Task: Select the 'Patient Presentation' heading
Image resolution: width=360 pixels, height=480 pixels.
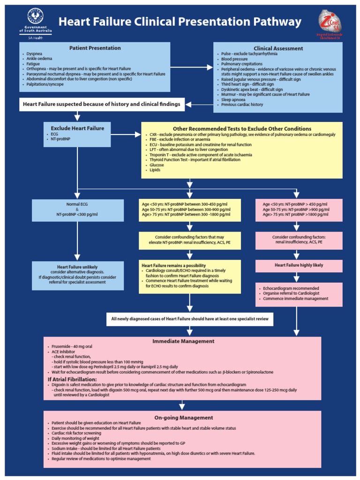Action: [95, 48]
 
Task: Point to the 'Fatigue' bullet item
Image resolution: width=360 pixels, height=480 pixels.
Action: [33, 64]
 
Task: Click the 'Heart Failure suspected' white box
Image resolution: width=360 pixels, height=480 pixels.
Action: [102, 105]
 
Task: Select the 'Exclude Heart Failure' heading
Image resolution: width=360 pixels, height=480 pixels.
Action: [77, 128]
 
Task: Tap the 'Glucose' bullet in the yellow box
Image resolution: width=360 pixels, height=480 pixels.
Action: [157, 165]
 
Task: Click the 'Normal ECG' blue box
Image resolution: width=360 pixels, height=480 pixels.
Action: [78, 210]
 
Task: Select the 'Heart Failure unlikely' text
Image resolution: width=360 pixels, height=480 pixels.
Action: [77, 267]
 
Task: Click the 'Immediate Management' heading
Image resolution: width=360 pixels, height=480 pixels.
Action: [183, 341]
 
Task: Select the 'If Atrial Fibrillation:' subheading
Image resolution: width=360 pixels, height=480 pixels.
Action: [72, 379]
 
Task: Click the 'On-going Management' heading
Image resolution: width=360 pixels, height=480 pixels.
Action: [183, 417]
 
